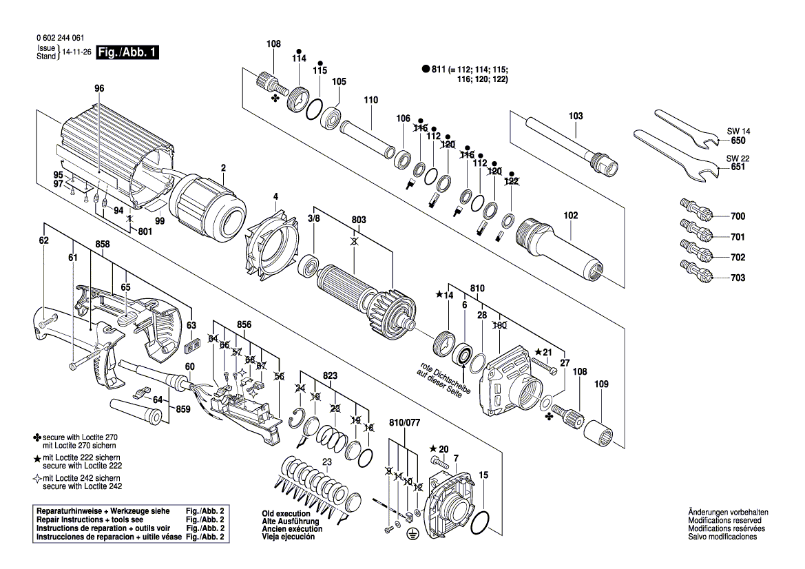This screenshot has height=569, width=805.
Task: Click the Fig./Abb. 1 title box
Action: [x=128, y=52]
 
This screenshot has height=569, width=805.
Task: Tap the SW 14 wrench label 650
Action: [x=738, y=141]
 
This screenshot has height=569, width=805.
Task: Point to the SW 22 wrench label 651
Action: [x=738, y=167]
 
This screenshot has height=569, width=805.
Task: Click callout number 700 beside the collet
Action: [x=738, y=216]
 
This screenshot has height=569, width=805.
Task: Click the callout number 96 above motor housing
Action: [x=99, y=88]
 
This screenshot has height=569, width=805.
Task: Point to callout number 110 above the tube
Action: [x=371, y=100]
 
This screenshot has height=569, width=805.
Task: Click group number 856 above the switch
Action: [x=244, y=324]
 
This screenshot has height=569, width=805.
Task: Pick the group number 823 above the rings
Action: [x=331, y=376]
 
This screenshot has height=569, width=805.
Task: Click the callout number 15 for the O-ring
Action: [x=483, y=475]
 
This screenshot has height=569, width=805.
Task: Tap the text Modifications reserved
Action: [x=723, y=521]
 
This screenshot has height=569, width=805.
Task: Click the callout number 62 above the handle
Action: [x=44, y=240]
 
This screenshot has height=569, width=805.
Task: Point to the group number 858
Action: [x=103, y=245]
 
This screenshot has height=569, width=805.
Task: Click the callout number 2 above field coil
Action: [x=223, y=167]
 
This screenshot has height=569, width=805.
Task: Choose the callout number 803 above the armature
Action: [x=359, y=220]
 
